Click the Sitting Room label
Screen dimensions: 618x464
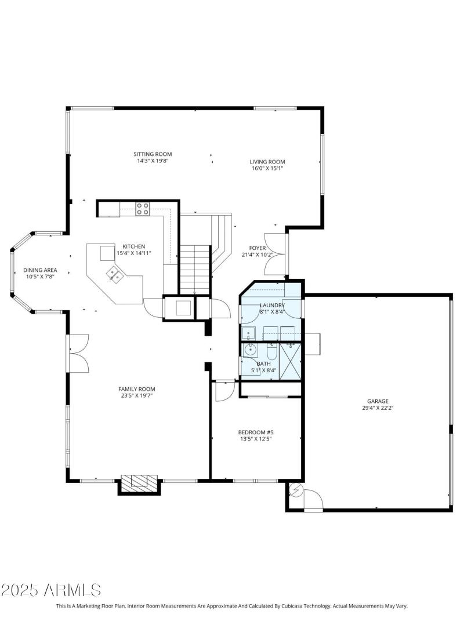[153, 154]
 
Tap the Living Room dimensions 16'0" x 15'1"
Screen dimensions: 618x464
[267, 169]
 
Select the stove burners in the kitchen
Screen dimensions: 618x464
[143, 209]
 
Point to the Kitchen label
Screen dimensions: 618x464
[133, 246]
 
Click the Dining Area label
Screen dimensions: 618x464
[39, 270]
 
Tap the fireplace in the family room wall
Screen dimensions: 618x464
[139, 481]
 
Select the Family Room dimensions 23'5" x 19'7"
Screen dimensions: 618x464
[136, 397]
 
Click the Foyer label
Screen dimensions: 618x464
[258, 248]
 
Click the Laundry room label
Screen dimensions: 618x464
[271, 305]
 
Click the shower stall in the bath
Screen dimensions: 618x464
[291, 361]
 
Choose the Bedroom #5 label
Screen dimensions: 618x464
[255, 432]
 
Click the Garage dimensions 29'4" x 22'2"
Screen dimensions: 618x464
[377, 408]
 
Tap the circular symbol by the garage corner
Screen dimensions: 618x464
[296, 490]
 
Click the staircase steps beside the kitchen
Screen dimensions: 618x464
[194, 270]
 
